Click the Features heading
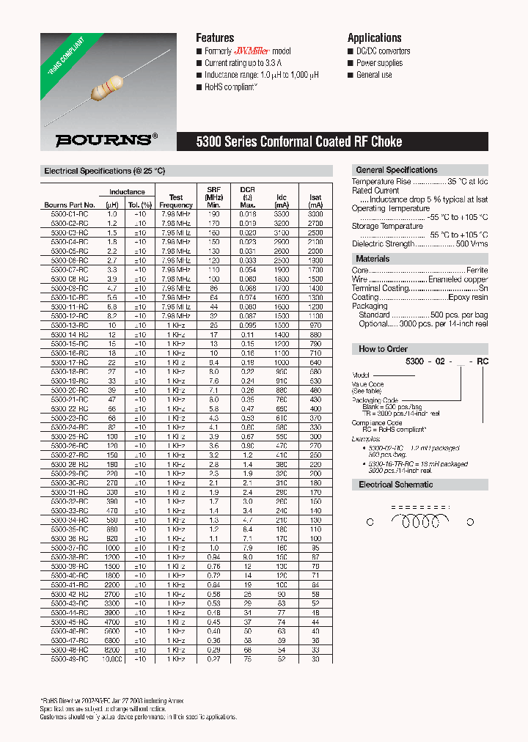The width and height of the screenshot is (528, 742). tap(215, 38)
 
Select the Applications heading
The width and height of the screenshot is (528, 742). tap(374, 38)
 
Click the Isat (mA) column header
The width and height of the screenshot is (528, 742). tap(315, 201)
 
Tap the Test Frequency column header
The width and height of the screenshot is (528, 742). tap(176, 201)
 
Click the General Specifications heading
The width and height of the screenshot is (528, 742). tap(396, 170)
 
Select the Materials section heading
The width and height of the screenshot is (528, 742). tap(373, 259)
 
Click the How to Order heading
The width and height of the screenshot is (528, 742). tap(383, 349)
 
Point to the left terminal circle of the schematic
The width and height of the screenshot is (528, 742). tap(370, 522)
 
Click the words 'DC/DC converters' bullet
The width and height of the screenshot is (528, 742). tap(383, 51)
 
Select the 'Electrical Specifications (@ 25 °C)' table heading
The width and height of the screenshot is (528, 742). tap(105, 171)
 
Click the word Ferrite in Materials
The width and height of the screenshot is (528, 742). tap(477, 271)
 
